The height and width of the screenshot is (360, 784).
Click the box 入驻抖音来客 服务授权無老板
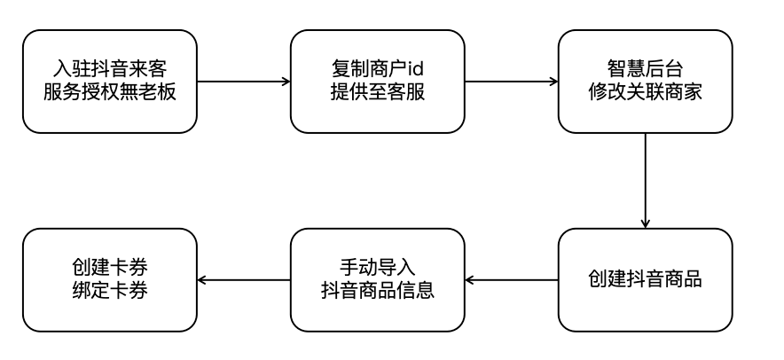(x=109, y=82)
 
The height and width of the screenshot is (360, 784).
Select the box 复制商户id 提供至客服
(x=377, y=82)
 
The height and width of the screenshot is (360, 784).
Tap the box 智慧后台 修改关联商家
(x=645, y=82)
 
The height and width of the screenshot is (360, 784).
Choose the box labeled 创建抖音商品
(x=645, y=280)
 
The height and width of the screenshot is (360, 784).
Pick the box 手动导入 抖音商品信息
(x=377, y=280)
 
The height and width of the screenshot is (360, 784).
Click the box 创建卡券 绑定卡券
(x=109, y=280)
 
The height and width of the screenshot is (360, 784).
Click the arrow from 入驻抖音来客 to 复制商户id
(x=243, y=82)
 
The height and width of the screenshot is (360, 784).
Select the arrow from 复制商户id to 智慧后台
(x=511, y=82)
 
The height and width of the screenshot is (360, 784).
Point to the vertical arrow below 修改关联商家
(x=645, y=181)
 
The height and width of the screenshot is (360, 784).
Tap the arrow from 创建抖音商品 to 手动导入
(x=511, y=280)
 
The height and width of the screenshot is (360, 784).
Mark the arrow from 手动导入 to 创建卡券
(x=243, y=280)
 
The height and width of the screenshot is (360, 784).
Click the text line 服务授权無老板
(x=109, y=93)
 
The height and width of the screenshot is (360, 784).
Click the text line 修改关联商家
(x=645, y=93)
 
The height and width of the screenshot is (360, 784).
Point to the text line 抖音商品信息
(x=377, y=291)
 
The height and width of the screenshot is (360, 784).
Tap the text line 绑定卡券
(x=109, y=291)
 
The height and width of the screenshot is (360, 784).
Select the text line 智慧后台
(x=645, y=69)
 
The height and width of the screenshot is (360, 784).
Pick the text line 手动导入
(x=377, y=268)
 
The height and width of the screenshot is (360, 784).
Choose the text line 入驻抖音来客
(x=109, y=69)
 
